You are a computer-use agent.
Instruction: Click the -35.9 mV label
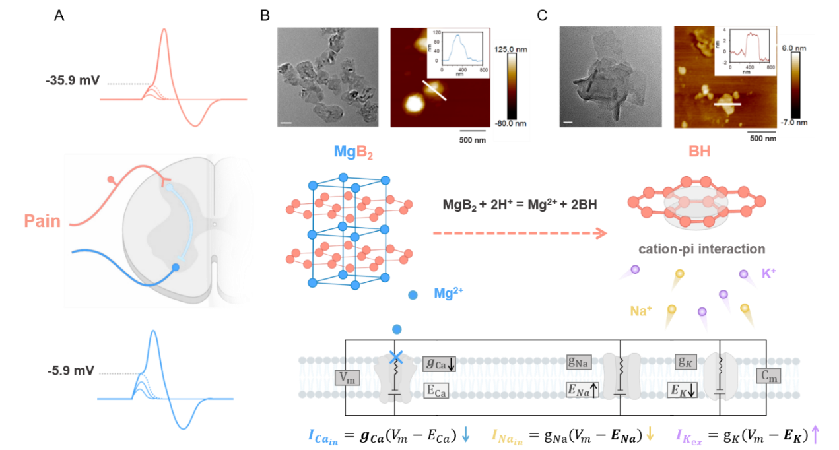click(73, 81)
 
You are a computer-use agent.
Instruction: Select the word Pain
click(42, 220)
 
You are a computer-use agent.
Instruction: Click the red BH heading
click(699, 152)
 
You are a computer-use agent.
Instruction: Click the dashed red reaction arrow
click(520, 233)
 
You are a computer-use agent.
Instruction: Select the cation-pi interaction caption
click(702, 249)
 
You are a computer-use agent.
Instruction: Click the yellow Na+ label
click(639, 310)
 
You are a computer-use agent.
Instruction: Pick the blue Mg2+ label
click(448, 293)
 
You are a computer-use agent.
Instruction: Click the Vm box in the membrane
click(347, 377)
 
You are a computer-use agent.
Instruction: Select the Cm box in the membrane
click(769, 376)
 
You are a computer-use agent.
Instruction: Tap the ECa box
click(436, 391)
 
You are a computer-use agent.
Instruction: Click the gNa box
click(578, 362)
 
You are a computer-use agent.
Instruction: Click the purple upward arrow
click(815, 434)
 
